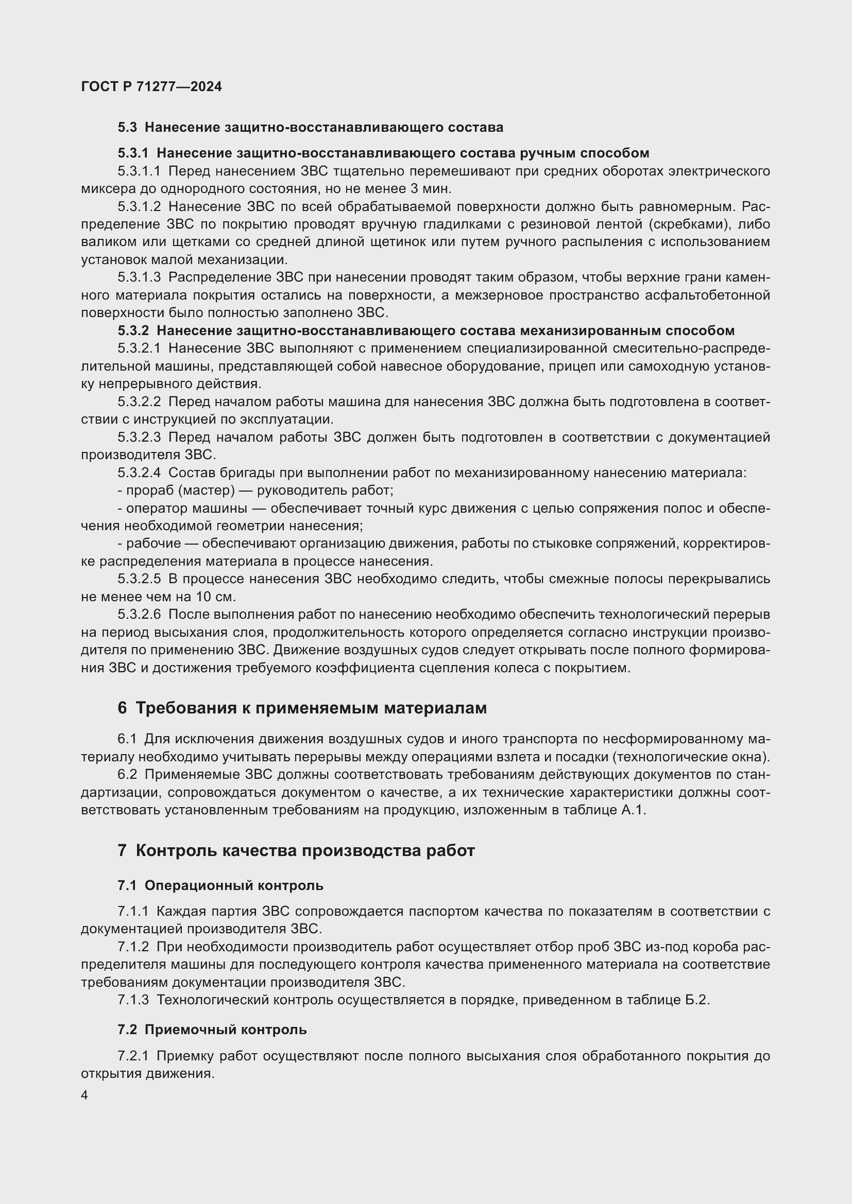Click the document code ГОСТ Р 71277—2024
151,86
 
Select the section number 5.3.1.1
139,171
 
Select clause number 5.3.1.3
139,277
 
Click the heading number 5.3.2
133,331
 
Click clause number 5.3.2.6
139,614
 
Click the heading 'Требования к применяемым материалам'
311,708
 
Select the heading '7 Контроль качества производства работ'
296,850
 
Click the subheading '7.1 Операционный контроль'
220,886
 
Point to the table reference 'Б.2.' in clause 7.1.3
697,1000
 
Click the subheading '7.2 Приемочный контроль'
212,1029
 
